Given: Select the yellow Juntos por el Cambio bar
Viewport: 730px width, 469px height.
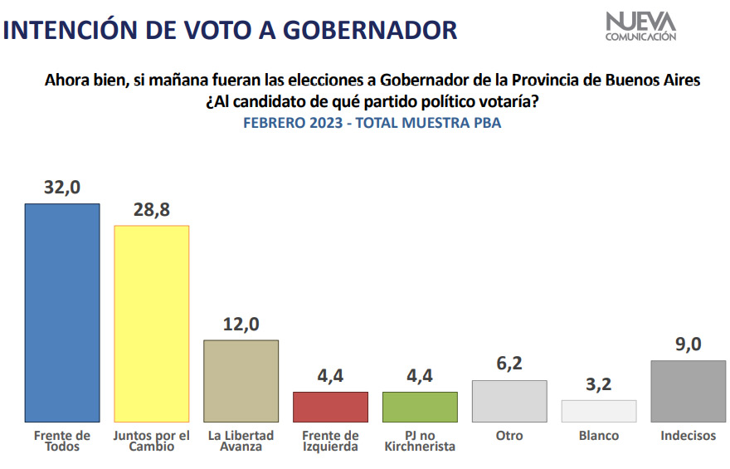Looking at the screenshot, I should pos(151,324).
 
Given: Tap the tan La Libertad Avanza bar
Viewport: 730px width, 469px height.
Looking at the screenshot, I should pos(241,380).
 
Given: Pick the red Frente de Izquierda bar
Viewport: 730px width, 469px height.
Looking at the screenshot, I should pos(330,407).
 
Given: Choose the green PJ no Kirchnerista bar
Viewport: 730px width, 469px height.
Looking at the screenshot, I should pos(420,407).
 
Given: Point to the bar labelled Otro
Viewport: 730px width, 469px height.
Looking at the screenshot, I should pos(509,401).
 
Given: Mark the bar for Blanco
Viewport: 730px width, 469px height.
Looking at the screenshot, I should pos(598,411).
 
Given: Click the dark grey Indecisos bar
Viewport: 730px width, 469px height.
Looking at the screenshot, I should pos(689,391).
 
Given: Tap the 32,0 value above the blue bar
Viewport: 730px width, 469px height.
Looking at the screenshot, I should pos(62,188).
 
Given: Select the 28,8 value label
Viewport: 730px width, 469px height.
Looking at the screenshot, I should pos(151,209).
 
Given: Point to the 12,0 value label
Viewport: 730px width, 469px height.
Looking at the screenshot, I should pos(241,324).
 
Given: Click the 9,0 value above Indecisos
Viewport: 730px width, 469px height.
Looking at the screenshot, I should pos(689,344).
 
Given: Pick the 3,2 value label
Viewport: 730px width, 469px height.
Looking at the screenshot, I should pos(598,384).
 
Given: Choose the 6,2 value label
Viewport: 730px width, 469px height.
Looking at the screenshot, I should pos(509,364).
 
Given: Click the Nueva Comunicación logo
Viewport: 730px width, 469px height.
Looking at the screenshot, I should pos(640,26).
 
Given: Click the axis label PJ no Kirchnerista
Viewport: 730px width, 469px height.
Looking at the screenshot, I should pos(420,441).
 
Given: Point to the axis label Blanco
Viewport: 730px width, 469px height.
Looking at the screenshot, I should pos(598,436).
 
